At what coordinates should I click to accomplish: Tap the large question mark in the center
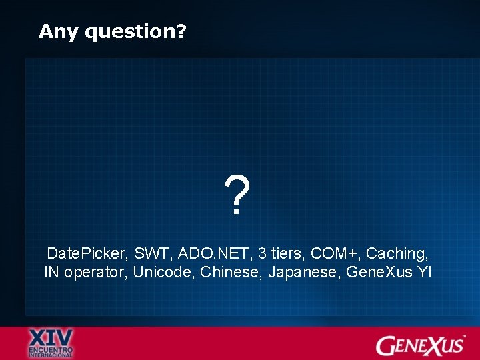coord(238,195)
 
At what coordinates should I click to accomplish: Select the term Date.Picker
coord(86,254)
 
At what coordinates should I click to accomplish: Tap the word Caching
coord(397,254)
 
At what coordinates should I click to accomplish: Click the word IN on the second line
coord(52,273)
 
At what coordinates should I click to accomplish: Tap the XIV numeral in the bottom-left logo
coord(51,337)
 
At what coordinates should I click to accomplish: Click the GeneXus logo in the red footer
coord(419,345)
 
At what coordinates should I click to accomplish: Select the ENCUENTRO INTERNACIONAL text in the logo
coord(51,352)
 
